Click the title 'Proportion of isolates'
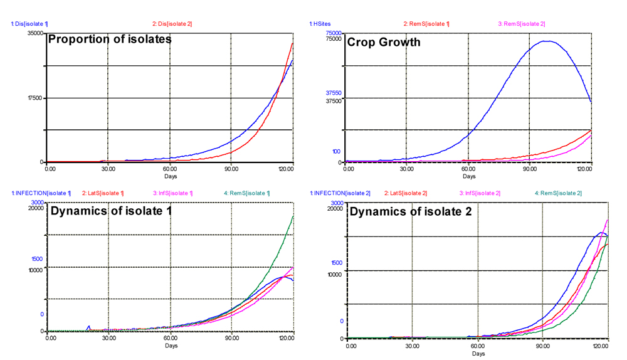click(110, 40)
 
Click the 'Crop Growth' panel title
click(384, 43)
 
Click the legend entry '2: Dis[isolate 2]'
click(172, 24)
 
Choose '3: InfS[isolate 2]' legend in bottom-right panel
click(480, 193)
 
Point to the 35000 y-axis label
click(36, 33)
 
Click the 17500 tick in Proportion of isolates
click(36, 98)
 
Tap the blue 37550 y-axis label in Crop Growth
click(333, 93)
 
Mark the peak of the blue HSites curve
click(547, 41)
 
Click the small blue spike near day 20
click(89, 327)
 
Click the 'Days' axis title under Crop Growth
click(468, 176)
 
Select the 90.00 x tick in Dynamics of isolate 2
click(542, 346)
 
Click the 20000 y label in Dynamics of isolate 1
click(36, 209)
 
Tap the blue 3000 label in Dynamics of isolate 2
click(336, 203)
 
